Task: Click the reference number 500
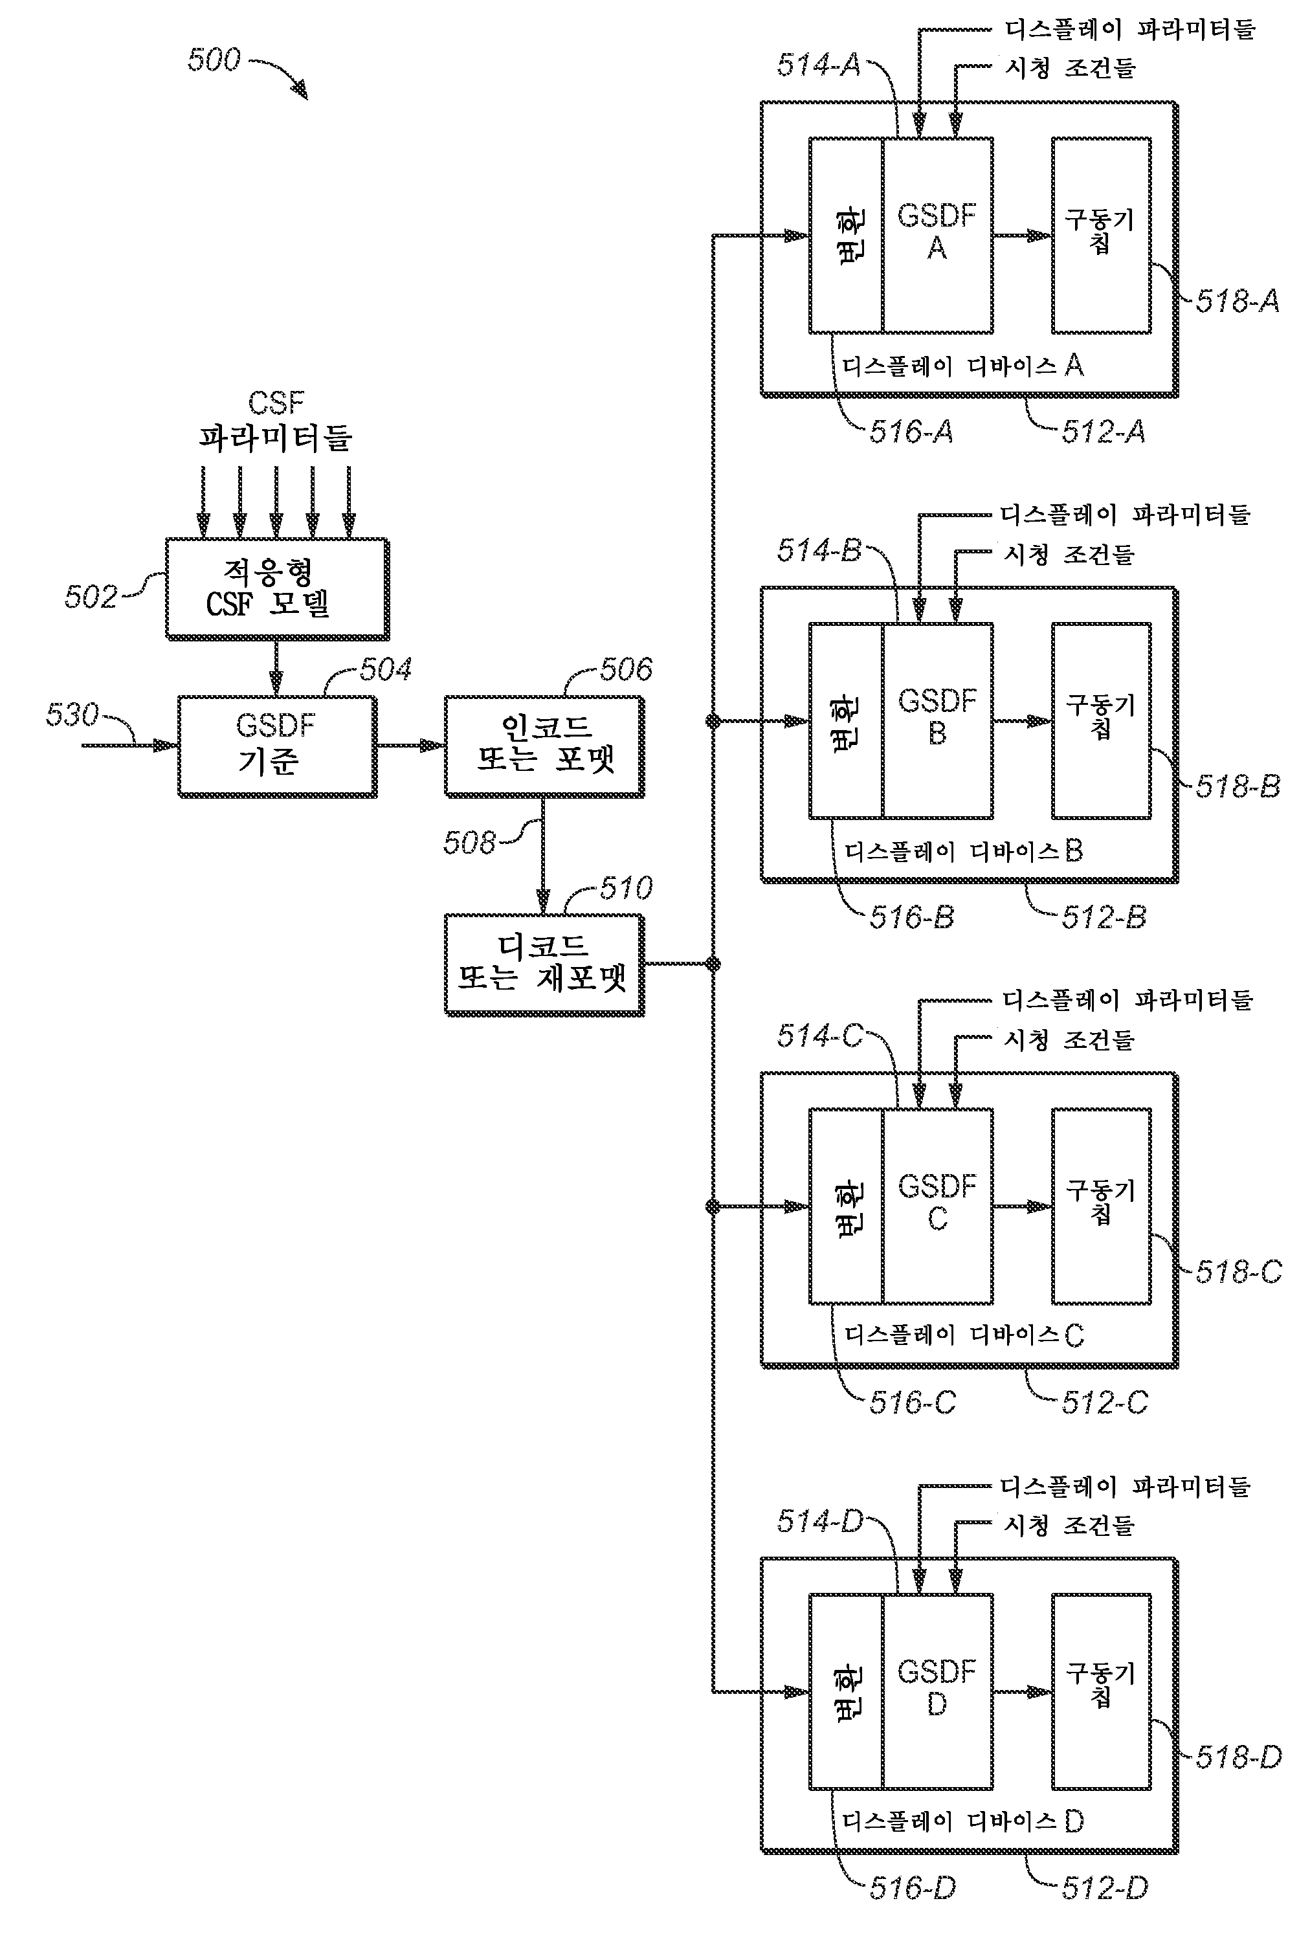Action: click(x=214, y=60)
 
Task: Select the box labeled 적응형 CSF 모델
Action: click(x=276, y=589)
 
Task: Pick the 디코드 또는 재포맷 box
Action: click(x=544, y=964)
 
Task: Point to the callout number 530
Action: click(x=72, y=715)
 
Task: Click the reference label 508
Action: click(x=469, y=843)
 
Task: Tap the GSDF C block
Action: click(x=937, y=1206)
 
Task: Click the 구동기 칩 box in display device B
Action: click(x=1101, y=720)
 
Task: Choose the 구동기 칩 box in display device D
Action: click(x=1101, y=1691)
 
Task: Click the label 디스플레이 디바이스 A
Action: click(x=962, y=366)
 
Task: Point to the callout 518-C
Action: click(x=1238, y=1272)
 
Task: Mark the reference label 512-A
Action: click(x=1103, y=432)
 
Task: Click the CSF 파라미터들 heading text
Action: click(x=276, y=421)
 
